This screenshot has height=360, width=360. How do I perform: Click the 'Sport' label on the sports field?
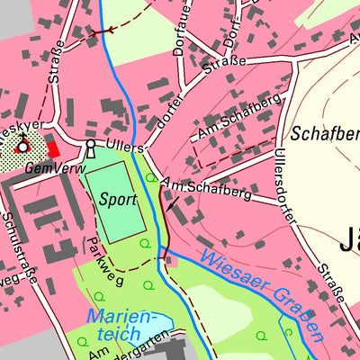(x=117, y=198)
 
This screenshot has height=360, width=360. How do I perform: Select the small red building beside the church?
(x=54, y=148)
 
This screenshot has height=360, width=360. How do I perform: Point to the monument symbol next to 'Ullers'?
(x=90, y=147)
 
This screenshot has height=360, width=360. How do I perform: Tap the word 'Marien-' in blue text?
(x=121, y=318)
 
